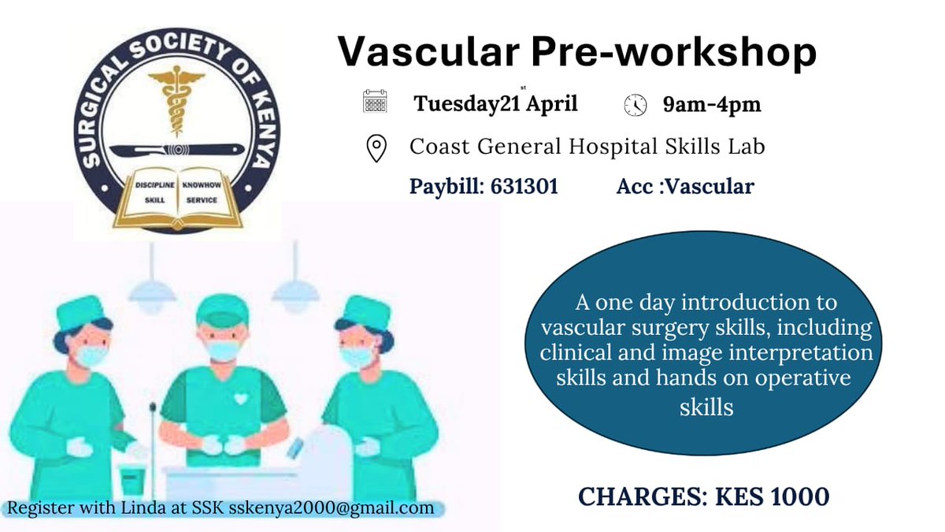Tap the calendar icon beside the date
click(375, 103)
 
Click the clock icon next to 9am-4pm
click(635, 105)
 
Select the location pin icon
click(376, 147)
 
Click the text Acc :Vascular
click(685, 187)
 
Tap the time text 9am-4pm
click(712, 104)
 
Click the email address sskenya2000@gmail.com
click(331, 508)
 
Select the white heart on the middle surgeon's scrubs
click(241, 398)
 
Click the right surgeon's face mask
click(357, 355)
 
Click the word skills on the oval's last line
click(706, 407)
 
